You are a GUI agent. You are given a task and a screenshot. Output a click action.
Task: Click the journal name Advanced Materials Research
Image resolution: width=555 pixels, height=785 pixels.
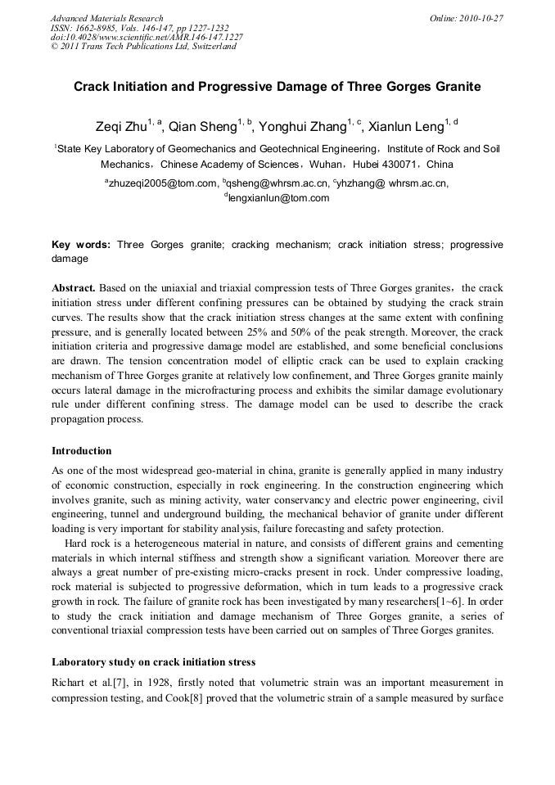click(106, 18)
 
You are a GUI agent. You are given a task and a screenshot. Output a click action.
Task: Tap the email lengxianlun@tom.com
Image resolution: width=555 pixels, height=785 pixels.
click(279, 198)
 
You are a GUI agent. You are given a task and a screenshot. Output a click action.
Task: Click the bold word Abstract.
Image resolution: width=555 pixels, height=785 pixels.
click(74, 288)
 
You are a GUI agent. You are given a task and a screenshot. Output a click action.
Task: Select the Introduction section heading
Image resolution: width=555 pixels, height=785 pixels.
click(81, 451)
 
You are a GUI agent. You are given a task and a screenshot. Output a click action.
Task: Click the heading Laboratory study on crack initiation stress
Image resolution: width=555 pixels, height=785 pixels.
click(153, 661)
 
